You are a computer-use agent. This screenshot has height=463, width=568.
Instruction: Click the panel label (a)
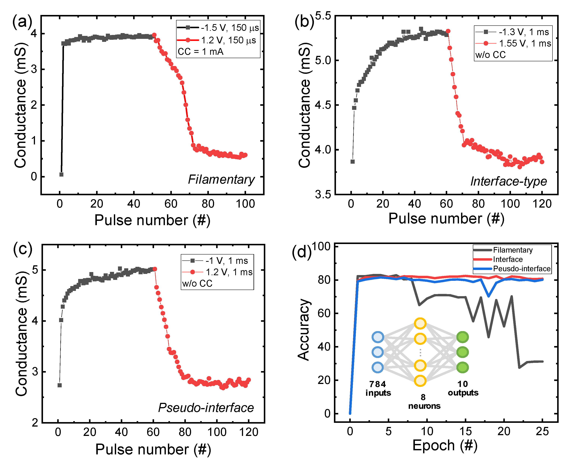click(x=22, y=21)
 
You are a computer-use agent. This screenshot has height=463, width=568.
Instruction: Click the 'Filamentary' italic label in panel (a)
click(x=221, y=180)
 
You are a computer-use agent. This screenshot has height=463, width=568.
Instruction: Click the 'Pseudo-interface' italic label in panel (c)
click(x=206, y=408)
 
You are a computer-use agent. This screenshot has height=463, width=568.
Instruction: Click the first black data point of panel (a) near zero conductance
click(x=61, y=175)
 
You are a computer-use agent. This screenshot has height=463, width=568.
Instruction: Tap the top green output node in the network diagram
click(x=462, y=337)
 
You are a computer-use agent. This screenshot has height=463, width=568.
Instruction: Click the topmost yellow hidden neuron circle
click(x=420, y=323)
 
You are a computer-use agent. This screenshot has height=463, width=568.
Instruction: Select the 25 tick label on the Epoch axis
click(x=542, y=431)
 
